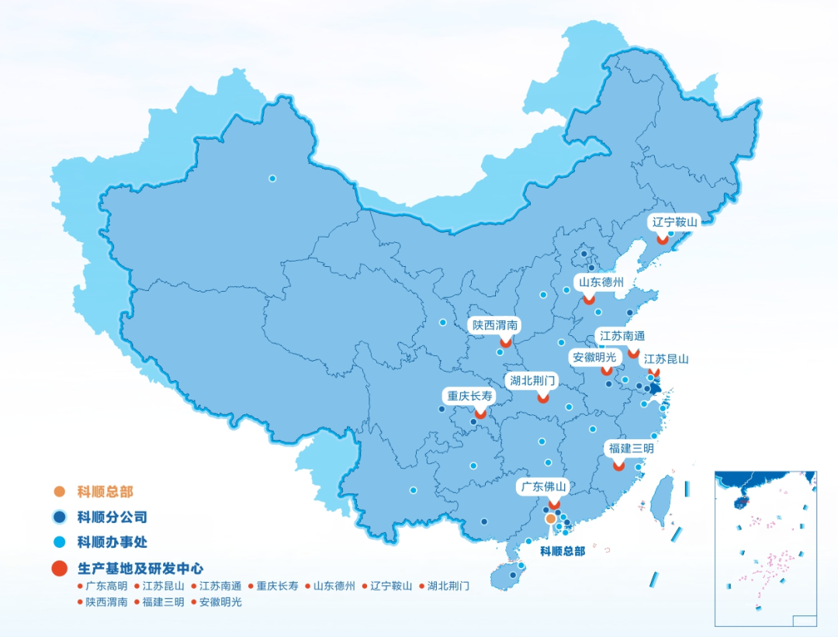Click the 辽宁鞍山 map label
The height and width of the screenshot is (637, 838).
tap(675, 222)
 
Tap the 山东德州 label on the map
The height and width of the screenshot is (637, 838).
tap(599, 282)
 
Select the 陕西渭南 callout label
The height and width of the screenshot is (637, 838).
tap(496, 325)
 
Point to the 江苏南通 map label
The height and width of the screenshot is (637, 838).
tap(622, 337)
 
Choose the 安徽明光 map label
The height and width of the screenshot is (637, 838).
tap(594, 358)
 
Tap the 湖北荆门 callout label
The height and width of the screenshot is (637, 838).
tap(533, 381)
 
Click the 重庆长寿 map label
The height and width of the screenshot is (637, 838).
tap(469, 395)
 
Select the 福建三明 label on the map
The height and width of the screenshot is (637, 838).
tap(631, 449)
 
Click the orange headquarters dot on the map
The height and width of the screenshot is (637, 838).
tap(550, 518)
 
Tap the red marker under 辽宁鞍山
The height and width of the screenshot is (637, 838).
tap(662, 240)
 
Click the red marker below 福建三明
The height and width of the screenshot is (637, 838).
tap(618, 466)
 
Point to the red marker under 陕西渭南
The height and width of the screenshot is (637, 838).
tap(506, 341)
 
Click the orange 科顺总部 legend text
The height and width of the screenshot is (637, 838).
tap(105, 491)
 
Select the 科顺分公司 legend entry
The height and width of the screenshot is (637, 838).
tap(112, 517)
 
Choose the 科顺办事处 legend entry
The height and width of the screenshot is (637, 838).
tap(112, 542)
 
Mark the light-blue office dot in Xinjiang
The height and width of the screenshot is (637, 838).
tap(272, 178)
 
